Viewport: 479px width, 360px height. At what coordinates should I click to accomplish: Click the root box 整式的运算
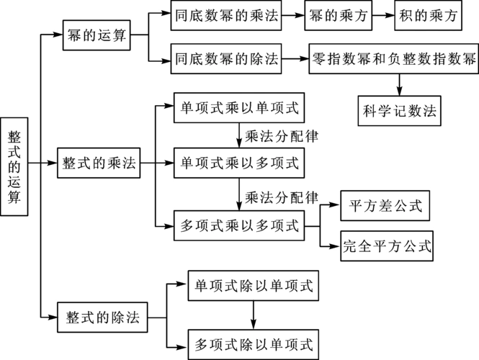coord(14,166)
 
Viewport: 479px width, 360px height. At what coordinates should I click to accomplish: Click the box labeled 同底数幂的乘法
coord(225,16)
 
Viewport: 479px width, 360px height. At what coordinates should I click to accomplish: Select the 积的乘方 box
coord(426,16)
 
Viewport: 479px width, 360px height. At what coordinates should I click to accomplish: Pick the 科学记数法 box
coord(400,111)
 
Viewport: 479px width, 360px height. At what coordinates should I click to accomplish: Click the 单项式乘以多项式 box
coord(238,163)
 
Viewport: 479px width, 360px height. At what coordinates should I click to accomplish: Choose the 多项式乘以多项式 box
coord(238,225)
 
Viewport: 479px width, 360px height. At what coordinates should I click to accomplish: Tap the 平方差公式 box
coord(385,205)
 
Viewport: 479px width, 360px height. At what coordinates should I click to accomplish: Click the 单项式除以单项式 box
coord(254,285)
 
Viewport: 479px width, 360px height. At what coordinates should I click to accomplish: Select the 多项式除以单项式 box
coord(254,343)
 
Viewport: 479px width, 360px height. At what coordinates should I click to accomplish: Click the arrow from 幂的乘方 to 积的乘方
coord(383,16)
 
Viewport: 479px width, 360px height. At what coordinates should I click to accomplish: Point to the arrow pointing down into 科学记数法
coord(399,84)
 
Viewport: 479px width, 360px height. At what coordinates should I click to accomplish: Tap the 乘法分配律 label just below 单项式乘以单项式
coord(282,135)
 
